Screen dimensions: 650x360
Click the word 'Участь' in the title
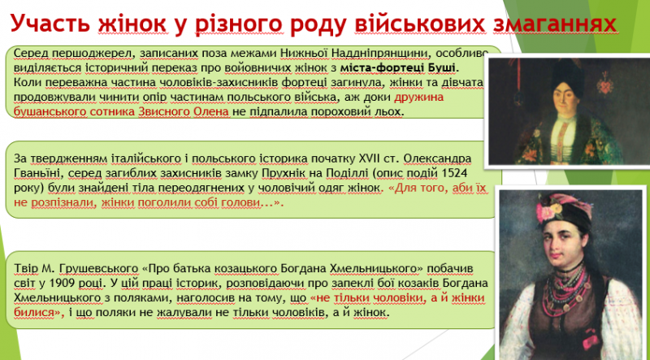point(50,24)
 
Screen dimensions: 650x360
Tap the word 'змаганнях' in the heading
point(555,24)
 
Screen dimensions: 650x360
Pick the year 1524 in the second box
point(458,173)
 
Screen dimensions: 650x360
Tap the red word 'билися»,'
point(38,313)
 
